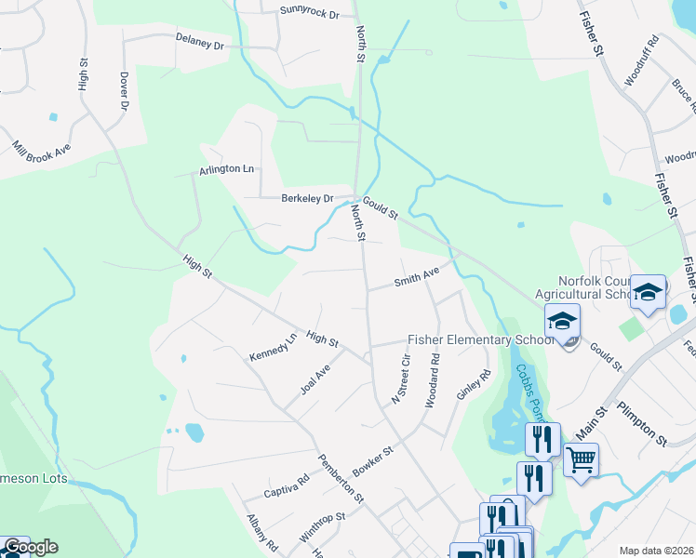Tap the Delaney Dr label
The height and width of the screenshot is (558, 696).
pos(200,44)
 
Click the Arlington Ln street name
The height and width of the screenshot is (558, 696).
pos(226,170)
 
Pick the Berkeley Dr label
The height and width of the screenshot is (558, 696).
pos(307,198)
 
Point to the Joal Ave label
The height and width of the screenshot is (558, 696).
pos(315,379)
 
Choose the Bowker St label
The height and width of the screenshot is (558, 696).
pos(374,461)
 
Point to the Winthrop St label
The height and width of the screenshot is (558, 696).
pos(322,527)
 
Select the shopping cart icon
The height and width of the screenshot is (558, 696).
pos(581,458)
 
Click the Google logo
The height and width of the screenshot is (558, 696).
pos(31,547)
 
